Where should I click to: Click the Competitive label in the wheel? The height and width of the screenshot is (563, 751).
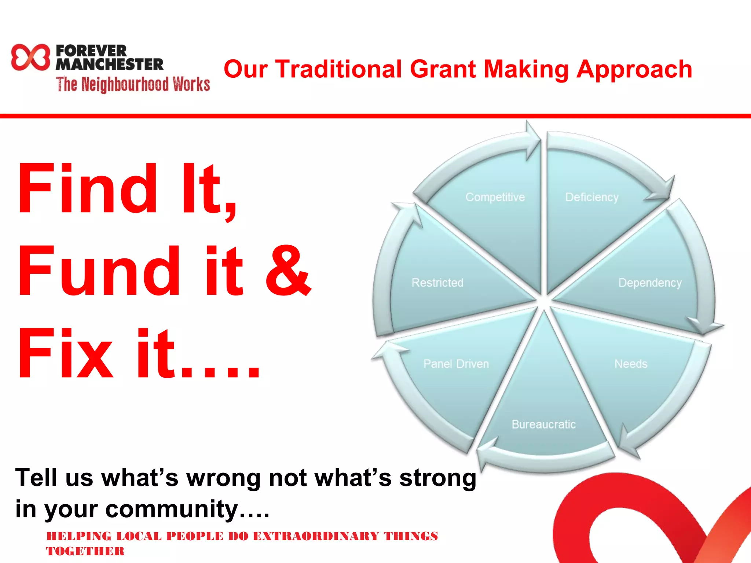pyautogui.click(x=495, y=197)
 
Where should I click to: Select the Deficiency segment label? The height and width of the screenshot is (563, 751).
pyautogui.click(x=592, y=197)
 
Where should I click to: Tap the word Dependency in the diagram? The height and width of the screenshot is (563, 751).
pyautogui.click(x=650, y=283)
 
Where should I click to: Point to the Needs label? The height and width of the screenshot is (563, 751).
pyautogui.click(x=631, y=364)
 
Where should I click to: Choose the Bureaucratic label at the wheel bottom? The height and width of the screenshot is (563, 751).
pyautogui.click(x=543, y=424)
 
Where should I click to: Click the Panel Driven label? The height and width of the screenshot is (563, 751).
pyautogui.click(x=456, y=364)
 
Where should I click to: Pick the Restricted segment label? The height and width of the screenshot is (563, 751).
pyautogui.click(x=437, y=283)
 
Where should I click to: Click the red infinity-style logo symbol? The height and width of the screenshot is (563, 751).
pyautogui.click(x=30, y=57)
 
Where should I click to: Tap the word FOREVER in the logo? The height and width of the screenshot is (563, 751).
pyautogui.click(x=91, y=51)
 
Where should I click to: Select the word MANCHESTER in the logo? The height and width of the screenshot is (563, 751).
pyautogui.click(x=109, y=65)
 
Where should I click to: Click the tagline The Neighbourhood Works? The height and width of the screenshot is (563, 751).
pyautogui.click(x=133, y=84)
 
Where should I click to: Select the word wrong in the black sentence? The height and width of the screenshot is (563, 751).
pyautogui.click(x=224, y=478)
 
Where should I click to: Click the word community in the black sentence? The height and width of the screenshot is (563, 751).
pyautogui.click(x=172, y=509)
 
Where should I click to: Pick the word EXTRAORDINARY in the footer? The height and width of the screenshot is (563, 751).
pyautogui.click(x=316, y=536)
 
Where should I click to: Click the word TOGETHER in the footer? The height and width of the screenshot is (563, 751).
pyautogui.click(x=85, y=551)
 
